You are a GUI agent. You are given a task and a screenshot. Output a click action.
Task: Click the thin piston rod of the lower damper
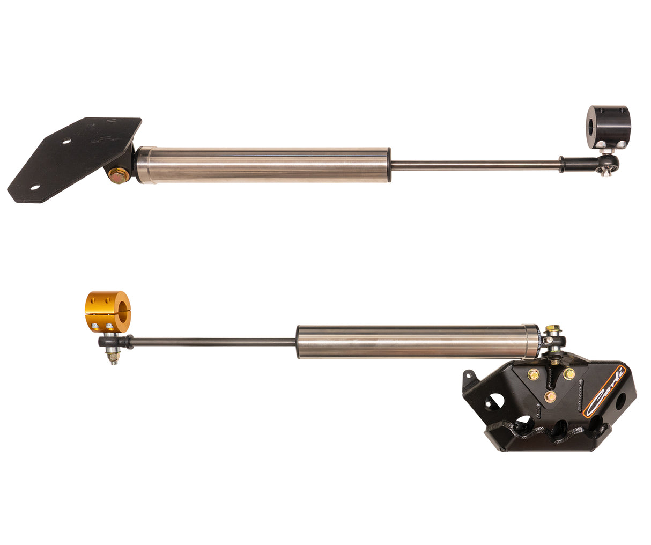tap(214, 341)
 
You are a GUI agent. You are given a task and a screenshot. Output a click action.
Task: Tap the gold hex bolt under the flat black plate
tap(118, 175)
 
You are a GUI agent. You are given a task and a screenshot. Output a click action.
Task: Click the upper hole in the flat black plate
tap(66, 142)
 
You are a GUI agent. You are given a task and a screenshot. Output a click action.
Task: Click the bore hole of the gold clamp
tap(123, 312)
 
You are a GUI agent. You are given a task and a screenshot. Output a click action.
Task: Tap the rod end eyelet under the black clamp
tap(609, 162)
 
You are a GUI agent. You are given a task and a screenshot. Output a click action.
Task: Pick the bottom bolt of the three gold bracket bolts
tap(550, 397)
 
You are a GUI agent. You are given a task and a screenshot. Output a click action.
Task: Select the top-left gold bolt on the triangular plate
tap(533, 374)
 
